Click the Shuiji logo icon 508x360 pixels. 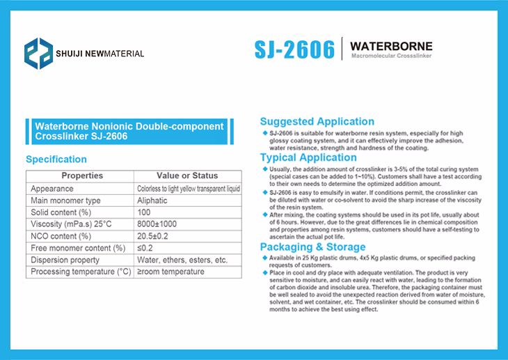pyautogui.click(x=38, y=53)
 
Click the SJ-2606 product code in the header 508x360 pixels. pyautogui.click(x=294, y=49)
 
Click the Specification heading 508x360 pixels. pyautogui.click(x=56, y=159)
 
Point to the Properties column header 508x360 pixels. pyautogui.click(x=81, y=175)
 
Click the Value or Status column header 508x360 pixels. pyautogui.click(x=187, y=175)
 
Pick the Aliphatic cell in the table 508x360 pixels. pyautogui.click(x=152, y=201)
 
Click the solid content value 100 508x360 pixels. pyautogui.click(x=144, y=212)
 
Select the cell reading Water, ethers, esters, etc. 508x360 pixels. pyautogui.click(x=182, y=260)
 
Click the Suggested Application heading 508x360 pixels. pyautogui.click(x=317, y=121)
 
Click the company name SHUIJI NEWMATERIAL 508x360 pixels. pyautogui.click(x=100, y=54)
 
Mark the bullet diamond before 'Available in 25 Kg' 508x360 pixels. pyautogui.click(x=264, y=258)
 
